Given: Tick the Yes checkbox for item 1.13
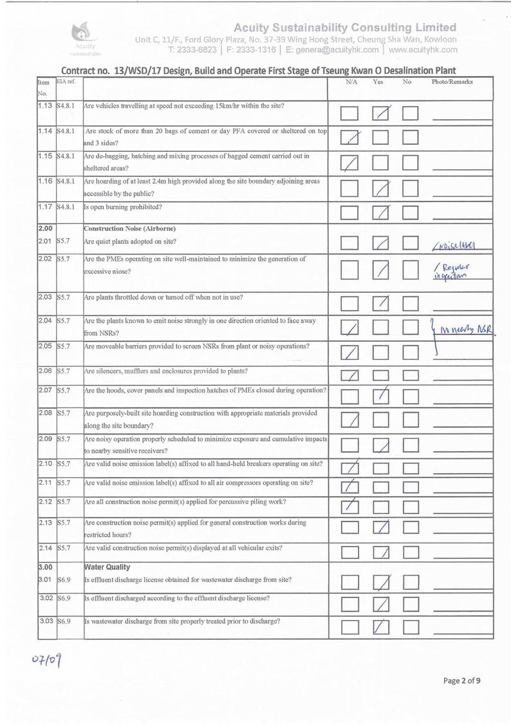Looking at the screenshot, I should click(382, 114).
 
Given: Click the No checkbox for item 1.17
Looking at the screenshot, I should click(412, 211).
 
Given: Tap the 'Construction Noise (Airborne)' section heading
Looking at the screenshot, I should click(129, 229).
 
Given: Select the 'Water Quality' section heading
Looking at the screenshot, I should click(107, 567).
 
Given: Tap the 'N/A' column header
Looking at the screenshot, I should click(351, 83).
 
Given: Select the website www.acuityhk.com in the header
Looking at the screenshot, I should click(423, 49).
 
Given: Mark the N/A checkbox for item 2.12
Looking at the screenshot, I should click(351, 507).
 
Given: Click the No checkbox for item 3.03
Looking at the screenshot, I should click(412, 626).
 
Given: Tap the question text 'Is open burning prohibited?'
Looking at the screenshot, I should click(123, 207).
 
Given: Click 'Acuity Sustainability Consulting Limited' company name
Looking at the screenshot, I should click(345, 27).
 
